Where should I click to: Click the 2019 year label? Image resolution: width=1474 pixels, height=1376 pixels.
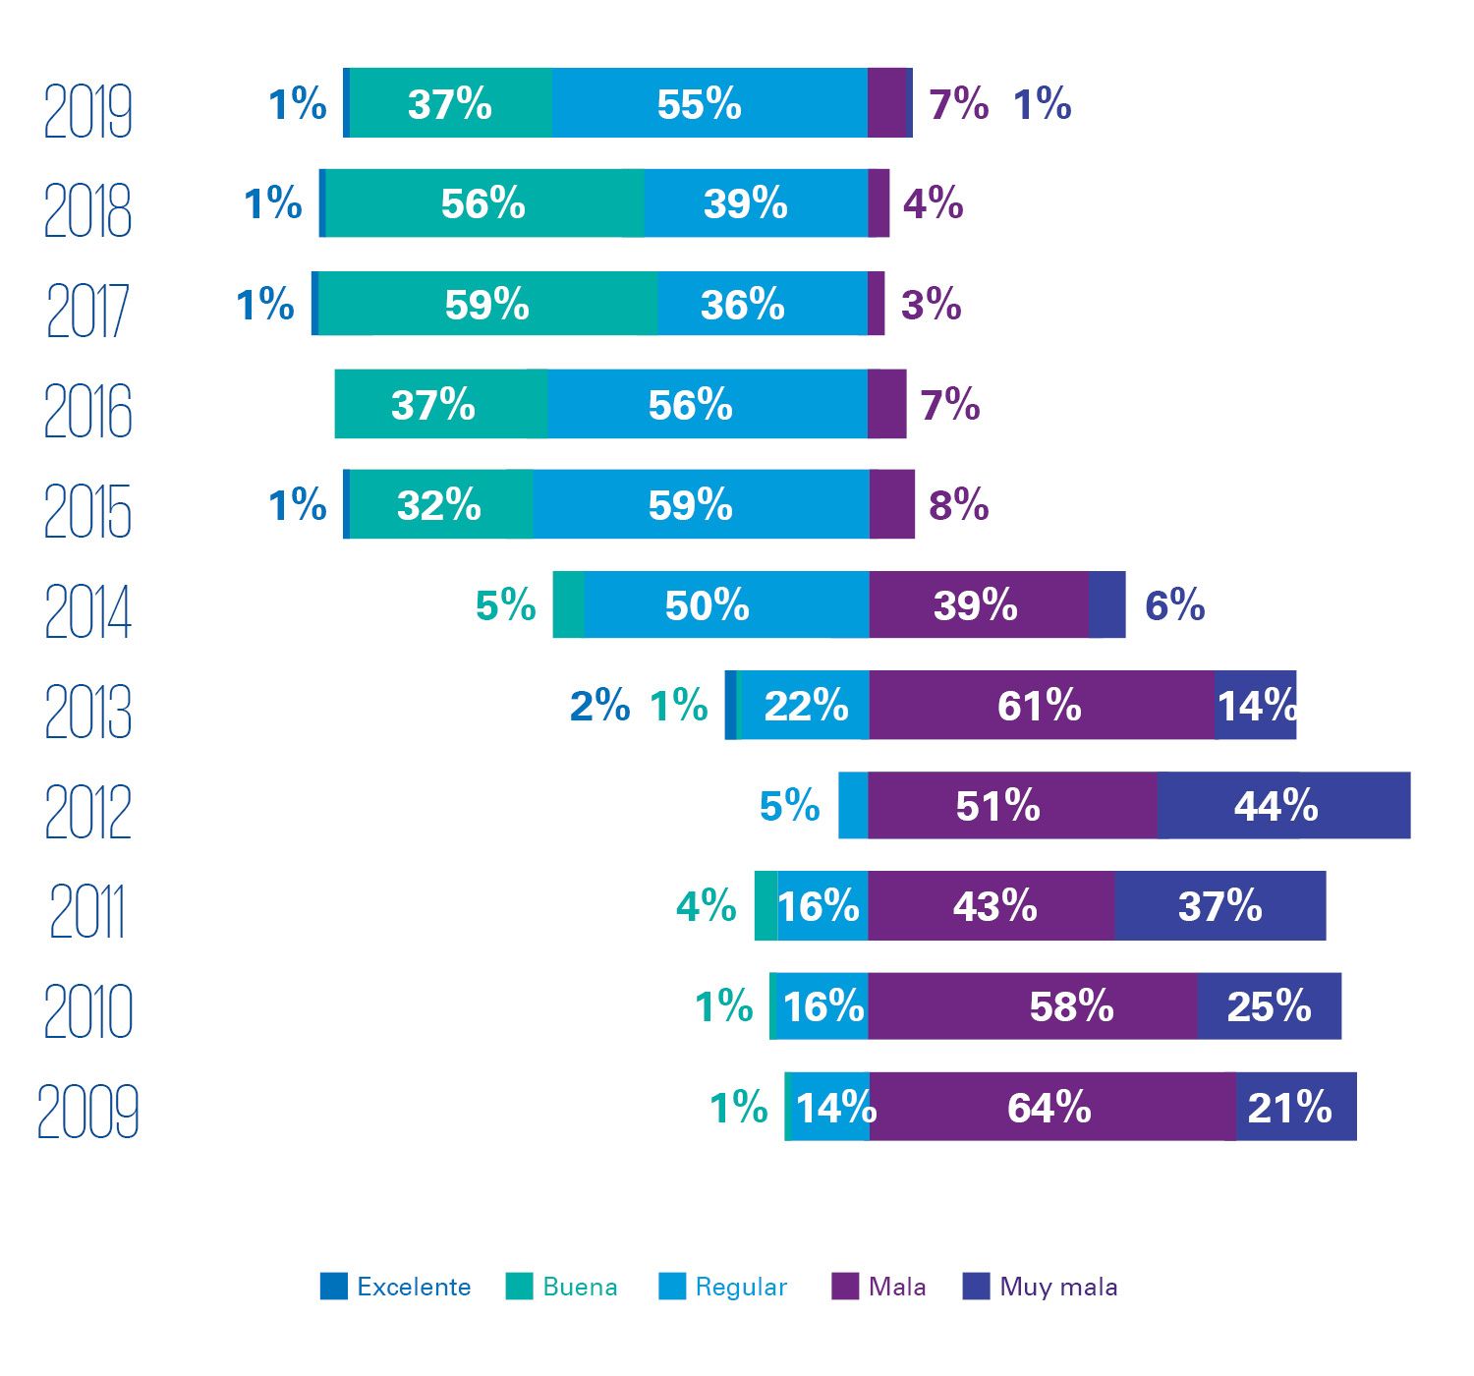point(87,111)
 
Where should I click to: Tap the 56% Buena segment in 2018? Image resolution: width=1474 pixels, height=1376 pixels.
point(483,203)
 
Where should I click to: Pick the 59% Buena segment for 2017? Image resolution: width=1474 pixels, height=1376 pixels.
point(486,305)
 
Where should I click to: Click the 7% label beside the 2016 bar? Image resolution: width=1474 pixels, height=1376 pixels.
point(950,404)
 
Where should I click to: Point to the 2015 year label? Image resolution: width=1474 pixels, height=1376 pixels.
point(87,511)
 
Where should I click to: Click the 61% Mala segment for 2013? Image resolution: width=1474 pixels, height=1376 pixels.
point(1041,706)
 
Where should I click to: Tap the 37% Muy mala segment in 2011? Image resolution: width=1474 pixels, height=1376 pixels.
point(1219,906)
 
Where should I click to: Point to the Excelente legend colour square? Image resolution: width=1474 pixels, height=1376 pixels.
point(334,1287)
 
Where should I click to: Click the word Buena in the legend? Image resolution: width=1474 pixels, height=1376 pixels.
point(580,1288)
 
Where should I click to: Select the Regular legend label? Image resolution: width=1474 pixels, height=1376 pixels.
point(741,1288)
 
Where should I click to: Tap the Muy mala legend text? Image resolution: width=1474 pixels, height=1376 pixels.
point(1058,1288)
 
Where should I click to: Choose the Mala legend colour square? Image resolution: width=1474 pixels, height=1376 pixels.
point(844,1287)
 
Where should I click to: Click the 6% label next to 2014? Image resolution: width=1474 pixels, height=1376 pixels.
point(1174,604)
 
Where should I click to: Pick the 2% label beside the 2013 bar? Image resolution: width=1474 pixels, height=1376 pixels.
point(599,706)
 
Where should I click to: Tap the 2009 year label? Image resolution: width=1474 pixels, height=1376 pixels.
point(87,1112)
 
